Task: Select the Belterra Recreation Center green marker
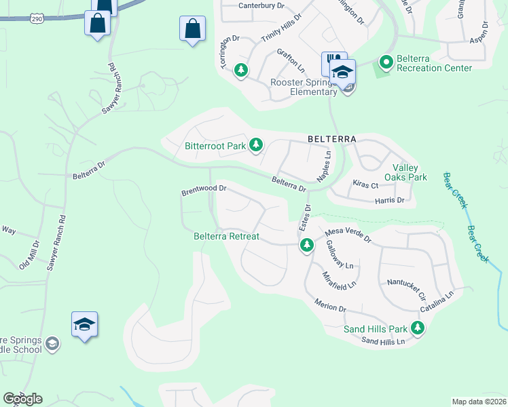[386, 63]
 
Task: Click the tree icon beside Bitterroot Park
[256, 144]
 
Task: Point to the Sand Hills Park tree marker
[418, 329]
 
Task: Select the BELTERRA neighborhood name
[331, 138]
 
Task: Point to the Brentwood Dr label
[203, 191]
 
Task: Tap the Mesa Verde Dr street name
[348, 234]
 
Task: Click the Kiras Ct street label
[365, 184]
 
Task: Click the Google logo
[22, 398]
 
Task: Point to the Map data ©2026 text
[478, 402]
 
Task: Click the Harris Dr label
[390, 201]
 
